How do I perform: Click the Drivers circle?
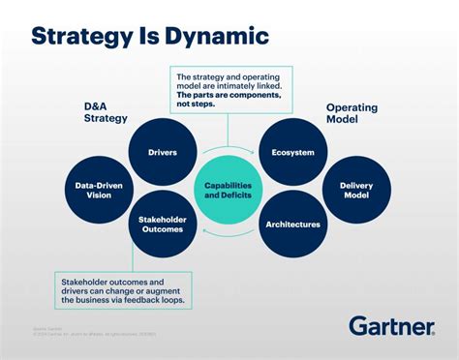pyautogui.click(x=162, y=152)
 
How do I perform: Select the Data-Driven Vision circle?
pyautogui.click(x=100, y=188)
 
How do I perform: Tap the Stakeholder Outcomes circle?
pyautogui.click(x=162, y=225)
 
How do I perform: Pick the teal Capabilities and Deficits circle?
pyautogui.click(x=227, y=189)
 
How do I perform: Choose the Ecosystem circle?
pyautogui.click(x=291, y=152)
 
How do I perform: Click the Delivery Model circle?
pyautogui.click(x=355, y=188)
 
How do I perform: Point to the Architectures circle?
pyautogui.click(x=291, y=225)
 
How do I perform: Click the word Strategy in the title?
pyautogui.click(x=79, y=37)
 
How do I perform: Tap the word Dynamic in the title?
pyautogui.click(x=217, y=37)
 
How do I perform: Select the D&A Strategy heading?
pyautogui.click(x=105, y=112)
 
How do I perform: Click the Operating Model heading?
pyautogui.click(x=352, y=112)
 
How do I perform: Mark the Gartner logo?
pyautogui.click(x=391, y=326)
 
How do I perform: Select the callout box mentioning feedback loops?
pyautogui.click(x=123, y=289)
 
